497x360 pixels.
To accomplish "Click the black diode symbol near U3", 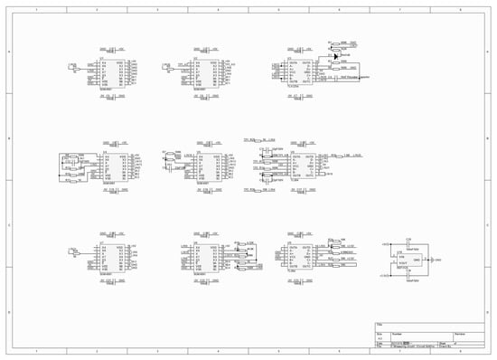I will (x=335, y=57).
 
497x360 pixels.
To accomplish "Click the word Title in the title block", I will (x=380, y=324).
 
